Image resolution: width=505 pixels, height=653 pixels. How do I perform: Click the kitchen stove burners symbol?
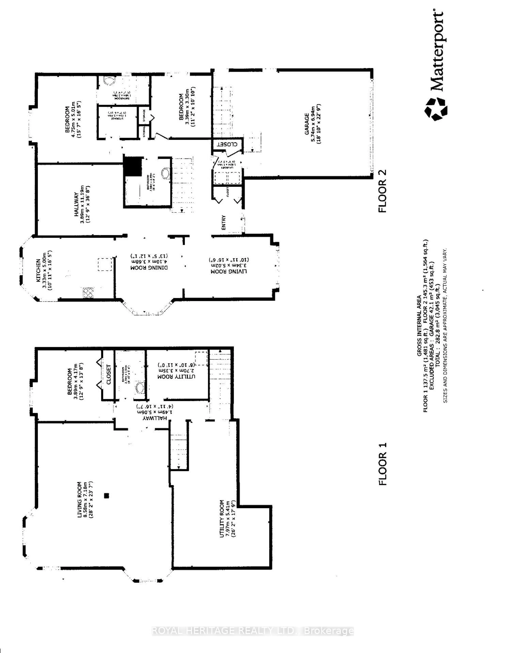88,292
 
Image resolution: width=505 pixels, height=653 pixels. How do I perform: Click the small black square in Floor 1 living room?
107,495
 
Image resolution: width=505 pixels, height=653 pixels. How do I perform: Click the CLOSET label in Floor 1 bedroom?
108,374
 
